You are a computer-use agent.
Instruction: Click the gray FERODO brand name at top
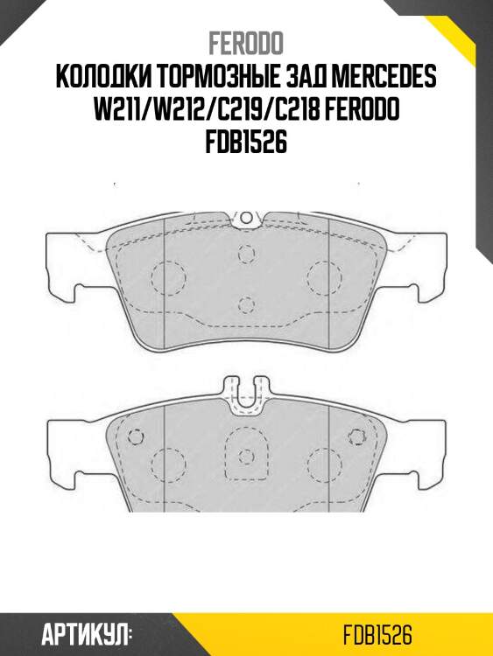pos(246,44)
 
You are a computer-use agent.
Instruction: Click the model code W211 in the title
pos(123,110)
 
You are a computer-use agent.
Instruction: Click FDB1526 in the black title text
pos(246,143)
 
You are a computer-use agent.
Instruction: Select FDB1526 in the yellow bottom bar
pos(378,634)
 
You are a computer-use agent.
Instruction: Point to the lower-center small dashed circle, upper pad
pos(246,304)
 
